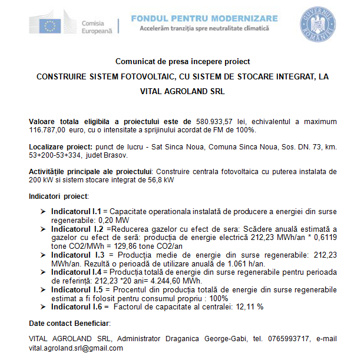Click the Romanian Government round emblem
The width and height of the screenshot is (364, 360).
tap(316, 23)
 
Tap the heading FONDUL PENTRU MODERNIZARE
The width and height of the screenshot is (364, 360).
tap(204, 18)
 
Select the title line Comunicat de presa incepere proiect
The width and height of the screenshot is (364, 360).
tap(183, 61)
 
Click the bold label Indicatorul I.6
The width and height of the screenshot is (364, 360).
tap(77, 306)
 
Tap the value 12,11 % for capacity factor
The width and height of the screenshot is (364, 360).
tap(250, 306)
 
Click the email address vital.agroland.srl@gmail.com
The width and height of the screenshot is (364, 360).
tap(76, 348)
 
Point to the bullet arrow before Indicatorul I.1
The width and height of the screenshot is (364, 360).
tap(43, 210)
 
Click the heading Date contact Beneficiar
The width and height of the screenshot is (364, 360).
tap(70, 323)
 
